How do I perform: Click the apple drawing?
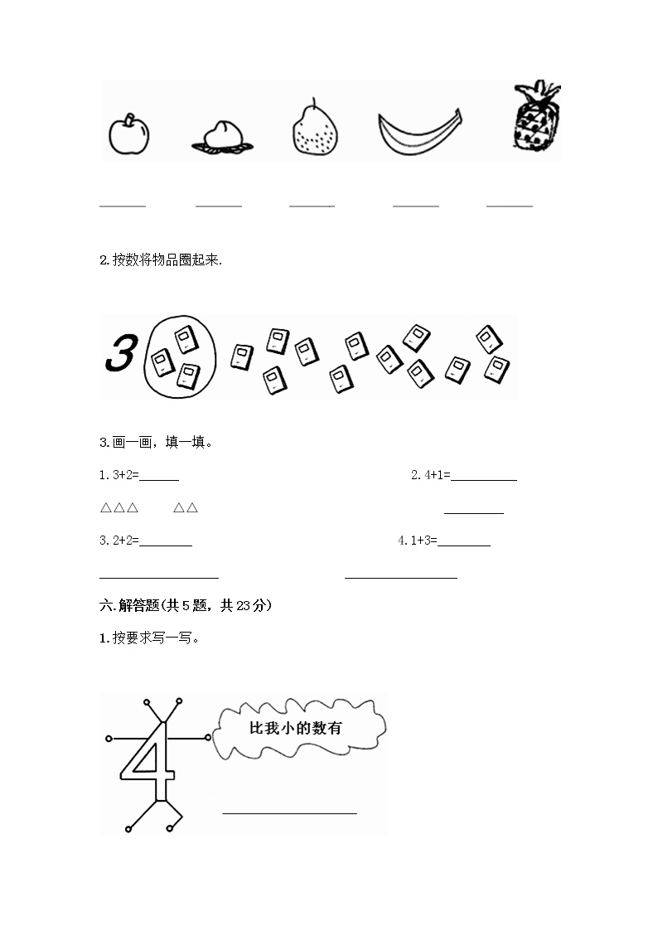point(129,133)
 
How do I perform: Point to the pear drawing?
point(316,128)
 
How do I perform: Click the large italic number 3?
point(120,355)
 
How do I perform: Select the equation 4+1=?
point(431,475)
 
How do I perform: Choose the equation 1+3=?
point(417,541)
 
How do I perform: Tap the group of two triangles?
point(186,508)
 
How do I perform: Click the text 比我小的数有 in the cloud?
point(296,728)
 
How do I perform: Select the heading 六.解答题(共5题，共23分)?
point(186,606)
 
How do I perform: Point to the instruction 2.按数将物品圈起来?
point(161,260)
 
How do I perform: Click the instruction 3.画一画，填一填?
point(156,442)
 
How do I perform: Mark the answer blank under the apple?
point(123,205)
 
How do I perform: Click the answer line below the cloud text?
point(289,812)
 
